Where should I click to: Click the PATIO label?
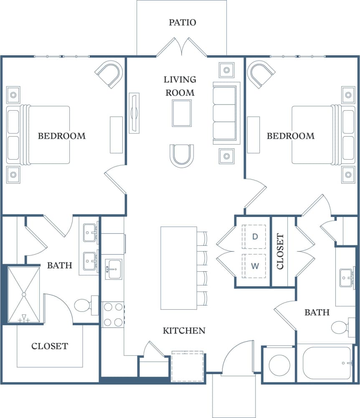tap(182, 22)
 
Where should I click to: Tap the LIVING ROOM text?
tap(180, 86)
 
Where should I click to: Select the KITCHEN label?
tap(184, 331)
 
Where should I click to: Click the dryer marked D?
tap(254, 237)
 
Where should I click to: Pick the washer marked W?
tap(254, 265)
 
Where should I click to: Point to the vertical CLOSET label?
tap(280, 251)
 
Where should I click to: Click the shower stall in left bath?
tap(24, 295)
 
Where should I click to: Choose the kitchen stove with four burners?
tap(113, 315)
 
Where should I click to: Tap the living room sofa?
tap(226, 113)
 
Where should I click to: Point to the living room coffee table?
tap(182, 113)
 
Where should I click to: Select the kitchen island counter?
tap(179, 268)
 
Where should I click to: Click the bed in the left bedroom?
tap(44, 135)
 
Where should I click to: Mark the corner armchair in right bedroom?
tap(261, 74)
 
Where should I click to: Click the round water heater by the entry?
tap(279, 364)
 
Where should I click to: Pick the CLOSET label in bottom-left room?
tap(50, 346)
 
